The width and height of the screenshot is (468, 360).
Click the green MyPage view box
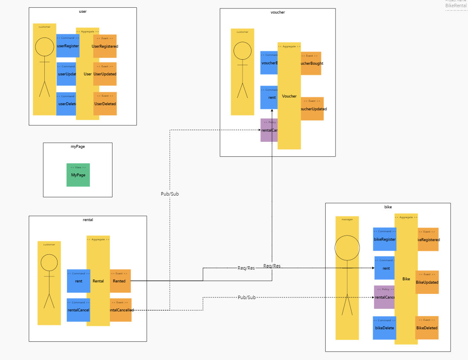click(78, 175)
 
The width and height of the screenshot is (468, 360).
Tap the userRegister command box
click(66, 46)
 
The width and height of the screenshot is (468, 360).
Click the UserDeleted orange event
click(105, 104)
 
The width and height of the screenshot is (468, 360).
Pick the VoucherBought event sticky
click(312, 63)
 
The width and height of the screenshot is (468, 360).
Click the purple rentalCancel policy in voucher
click(269, 130)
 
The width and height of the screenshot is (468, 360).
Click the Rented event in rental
click(120, 281)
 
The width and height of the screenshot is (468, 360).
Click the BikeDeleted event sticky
click(427, 328)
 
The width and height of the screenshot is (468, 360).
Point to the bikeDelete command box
click(384, 328)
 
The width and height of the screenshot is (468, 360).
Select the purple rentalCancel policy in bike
click(384, 297)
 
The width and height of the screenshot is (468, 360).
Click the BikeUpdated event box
click(428, 282)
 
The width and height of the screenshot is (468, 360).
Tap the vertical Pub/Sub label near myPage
click(170, 194)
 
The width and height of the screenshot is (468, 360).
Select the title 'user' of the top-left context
click(83, 11)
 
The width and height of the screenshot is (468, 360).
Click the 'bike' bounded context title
click(388, 207)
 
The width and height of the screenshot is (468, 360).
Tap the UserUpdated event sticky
click(105, 74)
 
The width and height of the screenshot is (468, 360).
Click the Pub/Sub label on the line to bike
click(246, 297)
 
